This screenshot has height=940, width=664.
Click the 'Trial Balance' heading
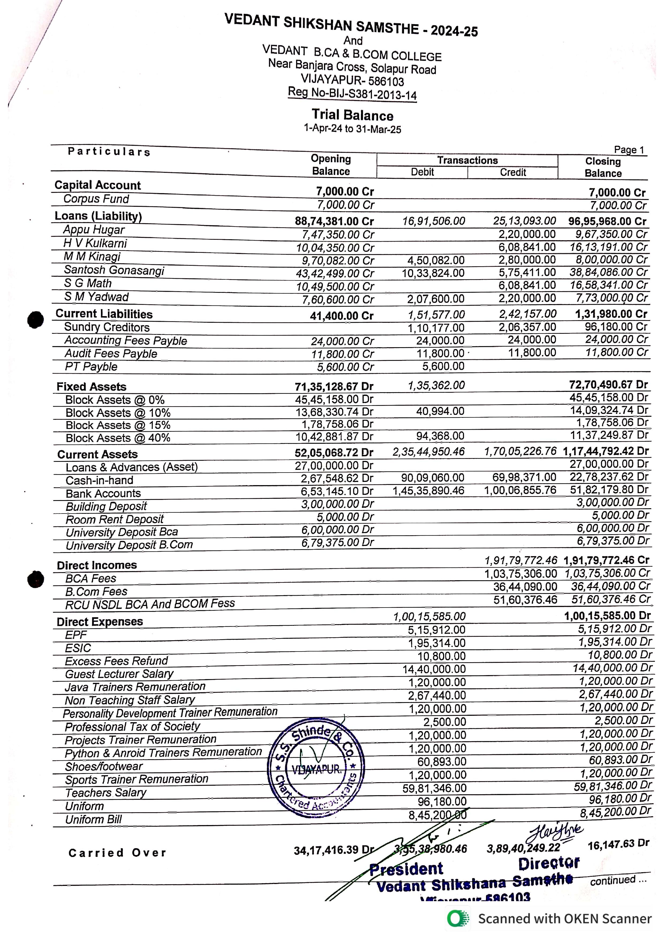pos(352,115)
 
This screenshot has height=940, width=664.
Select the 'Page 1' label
pos(629,150)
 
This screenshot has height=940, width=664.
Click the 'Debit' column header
pos(422,172)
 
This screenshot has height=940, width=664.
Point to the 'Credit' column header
pos(513,172)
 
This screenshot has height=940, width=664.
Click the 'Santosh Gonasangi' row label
pos(114,270)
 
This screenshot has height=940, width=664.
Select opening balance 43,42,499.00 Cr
pos(335,274)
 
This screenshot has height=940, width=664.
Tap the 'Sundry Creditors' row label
pos(107,327)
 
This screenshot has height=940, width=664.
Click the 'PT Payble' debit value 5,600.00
pos(443,366)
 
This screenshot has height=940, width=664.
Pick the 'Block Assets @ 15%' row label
pos(118,425)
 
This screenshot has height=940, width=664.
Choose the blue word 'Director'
pos(549,863)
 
